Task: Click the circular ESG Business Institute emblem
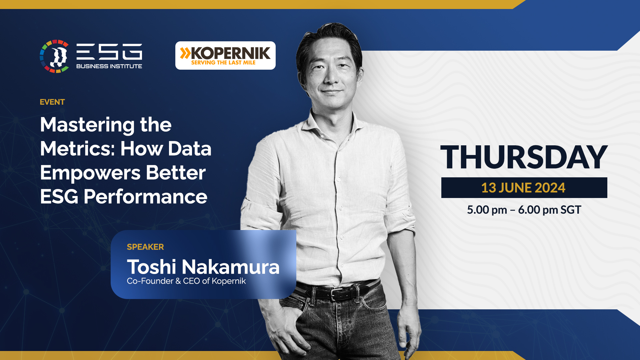tap(54, 56)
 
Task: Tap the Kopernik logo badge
tap(225, 55)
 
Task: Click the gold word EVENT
tap(52, 102)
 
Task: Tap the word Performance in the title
tap(145, 197)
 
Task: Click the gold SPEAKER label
tap(145, 247)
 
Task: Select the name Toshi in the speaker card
tap(151, 267)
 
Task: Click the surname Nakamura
tap(231, 267)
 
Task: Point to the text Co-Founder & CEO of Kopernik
tap(186, 281)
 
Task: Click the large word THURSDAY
tap(524, 157)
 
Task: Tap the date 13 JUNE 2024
tap(523, 188)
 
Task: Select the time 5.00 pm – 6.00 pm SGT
tap(524, 210)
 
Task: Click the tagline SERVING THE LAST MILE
tap(223, 63)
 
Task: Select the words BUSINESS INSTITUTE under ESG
tap(109, 66)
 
